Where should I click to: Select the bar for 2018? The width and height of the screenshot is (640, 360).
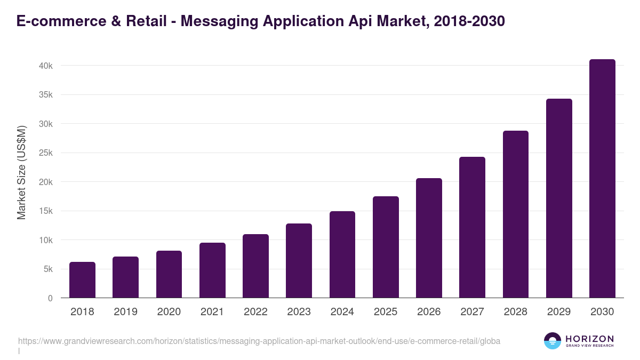point(82,280)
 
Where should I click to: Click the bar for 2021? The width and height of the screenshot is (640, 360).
point(212,270)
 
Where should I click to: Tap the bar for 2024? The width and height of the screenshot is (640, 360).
point(342,254)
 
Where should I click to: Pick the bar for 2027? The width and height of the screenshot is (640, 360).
point(472,227)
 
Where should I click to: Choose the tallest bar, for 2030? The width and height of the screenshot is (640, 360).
point(602,179)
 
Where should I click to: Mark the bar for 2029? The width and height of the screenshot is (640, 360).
point(559,198)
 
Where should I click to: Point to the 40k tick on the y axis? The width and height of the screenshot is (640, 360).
point(45,66)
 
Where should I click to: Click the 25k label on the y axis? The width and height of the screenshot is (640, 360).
point(45,153)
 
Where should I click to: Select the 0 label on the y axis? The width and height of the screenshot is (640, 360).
point(50,298)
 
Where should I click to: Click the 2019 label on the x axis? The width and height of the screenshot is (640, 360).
point(125,312)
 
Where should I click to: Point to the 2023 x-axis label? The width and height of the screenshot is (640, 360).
point(299,312)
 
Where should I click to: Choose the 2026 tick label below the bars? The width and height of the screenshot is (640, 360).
point(429,312)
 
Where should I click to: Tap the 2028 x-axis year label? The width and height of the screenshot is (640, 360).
point(515,312)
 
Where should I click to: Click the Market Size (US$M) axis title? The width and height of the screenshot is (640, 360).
point(21,172)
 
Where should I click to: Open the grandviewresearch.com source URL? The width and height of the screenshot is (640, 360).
point(259,341)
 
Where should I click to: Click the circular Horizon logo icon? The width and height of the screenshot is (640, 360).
point(552,341)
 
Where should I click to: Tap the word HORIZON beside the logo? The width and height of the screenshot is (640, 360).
point(589,339)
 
